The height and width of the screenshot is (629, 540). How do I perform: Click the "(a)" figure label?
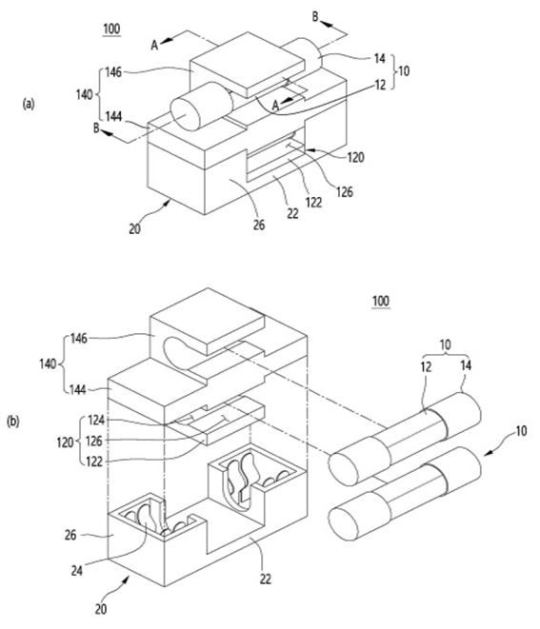29,104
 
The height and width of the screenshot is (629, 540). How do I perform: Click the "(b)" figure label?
13,422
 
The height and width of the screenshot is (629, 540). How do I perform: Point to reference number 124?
95,420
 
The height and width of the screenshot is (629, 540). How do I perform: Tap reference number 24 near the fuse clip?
77,570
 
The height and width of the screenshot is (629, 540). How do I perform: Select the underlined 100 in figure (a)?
111,29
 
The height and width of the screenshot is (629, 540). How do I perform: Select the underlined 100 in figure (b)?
381,301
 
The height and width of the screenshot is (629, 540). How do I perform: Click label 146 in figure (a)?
113,72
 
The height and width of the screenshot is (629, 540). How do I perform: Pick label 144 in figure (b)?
78,389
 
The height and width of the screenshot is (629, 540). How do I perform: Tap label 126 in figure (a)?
345,192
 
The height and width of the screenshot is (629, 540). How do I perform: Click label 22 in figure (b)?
266,579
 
